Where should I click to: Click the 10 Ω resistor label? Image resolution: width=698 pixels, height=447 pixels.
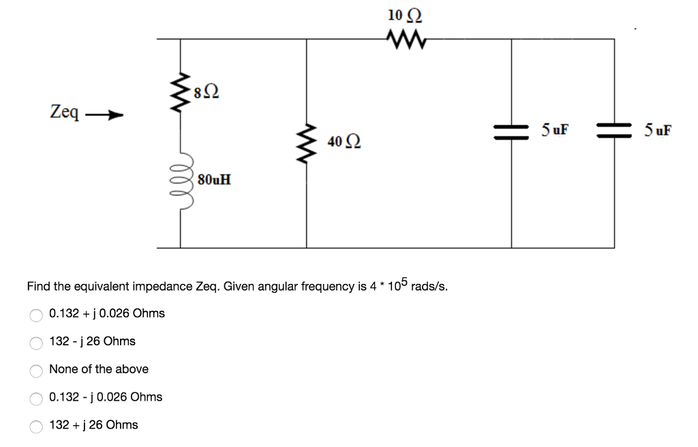(399, 15)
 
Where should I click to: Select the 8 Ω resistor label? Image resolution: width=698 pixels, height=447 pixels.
(206, 89)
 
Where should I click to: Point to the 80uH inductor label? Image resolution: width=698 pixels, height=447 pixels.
(214, 179)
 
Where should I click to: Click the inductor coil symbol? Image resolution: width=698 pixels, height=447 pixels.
(181, 179)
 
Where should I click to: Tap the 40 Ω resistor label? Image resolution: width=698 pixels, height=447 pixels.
(344, 141)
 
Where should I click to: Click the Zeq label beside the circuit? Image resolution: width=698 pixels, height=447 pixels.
(65, 111)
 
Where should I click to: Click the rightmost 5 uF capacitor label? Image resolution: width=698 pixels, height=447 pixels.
(657, 129)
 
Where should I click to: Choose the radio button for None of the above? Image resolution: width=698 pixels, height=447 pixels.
(36, 371)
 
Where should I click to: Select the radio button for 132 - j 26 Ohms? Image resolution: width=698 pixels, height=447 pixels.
(36, 343)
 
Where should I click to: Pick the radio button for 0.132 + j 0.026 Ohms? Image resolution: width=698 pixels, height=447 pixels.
(36, 315)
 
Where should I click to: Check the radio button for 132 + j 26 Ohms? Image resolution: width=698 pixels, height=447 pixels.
(36, 427)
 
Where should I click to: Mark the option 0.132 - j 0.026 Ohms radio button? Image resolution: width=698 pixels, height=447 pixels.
(36, 399)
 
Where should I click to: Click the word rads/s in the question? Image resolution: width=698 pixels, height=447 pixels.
(429, 286)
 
